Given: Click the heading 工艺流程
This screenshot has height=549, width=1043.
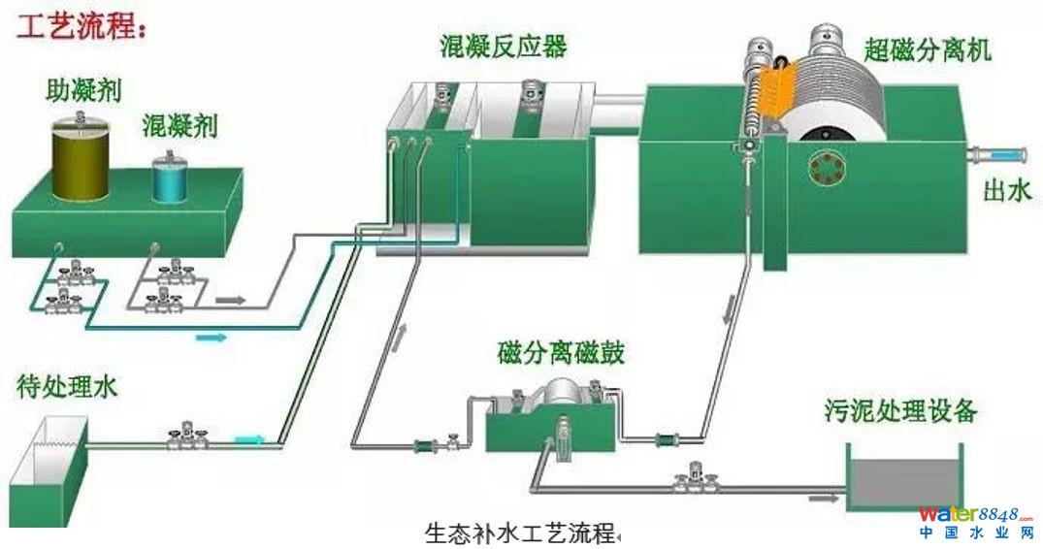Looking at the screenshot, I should pos(81,25).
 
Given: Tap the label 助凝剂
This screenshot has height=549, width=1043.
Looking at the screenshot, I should pos(83,92).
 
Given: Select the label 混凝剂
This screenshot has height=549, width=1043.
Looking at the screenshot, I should pos(179,125).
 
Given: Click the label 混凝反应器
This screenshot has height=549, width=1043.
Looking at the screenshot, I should pos(504,47).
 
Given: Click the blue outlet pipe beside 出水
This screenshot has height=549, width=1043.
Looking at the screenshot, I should pos(1000,154).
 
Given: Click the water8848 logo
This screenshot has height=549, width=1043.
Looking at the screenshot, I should pos(975,521).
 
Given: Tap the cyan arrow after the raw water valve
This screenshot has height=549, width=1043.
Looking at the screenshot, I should pos(249,439).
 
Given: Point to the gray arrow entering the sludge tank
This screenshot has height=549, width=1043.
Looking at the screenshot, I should pos(825,499).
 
